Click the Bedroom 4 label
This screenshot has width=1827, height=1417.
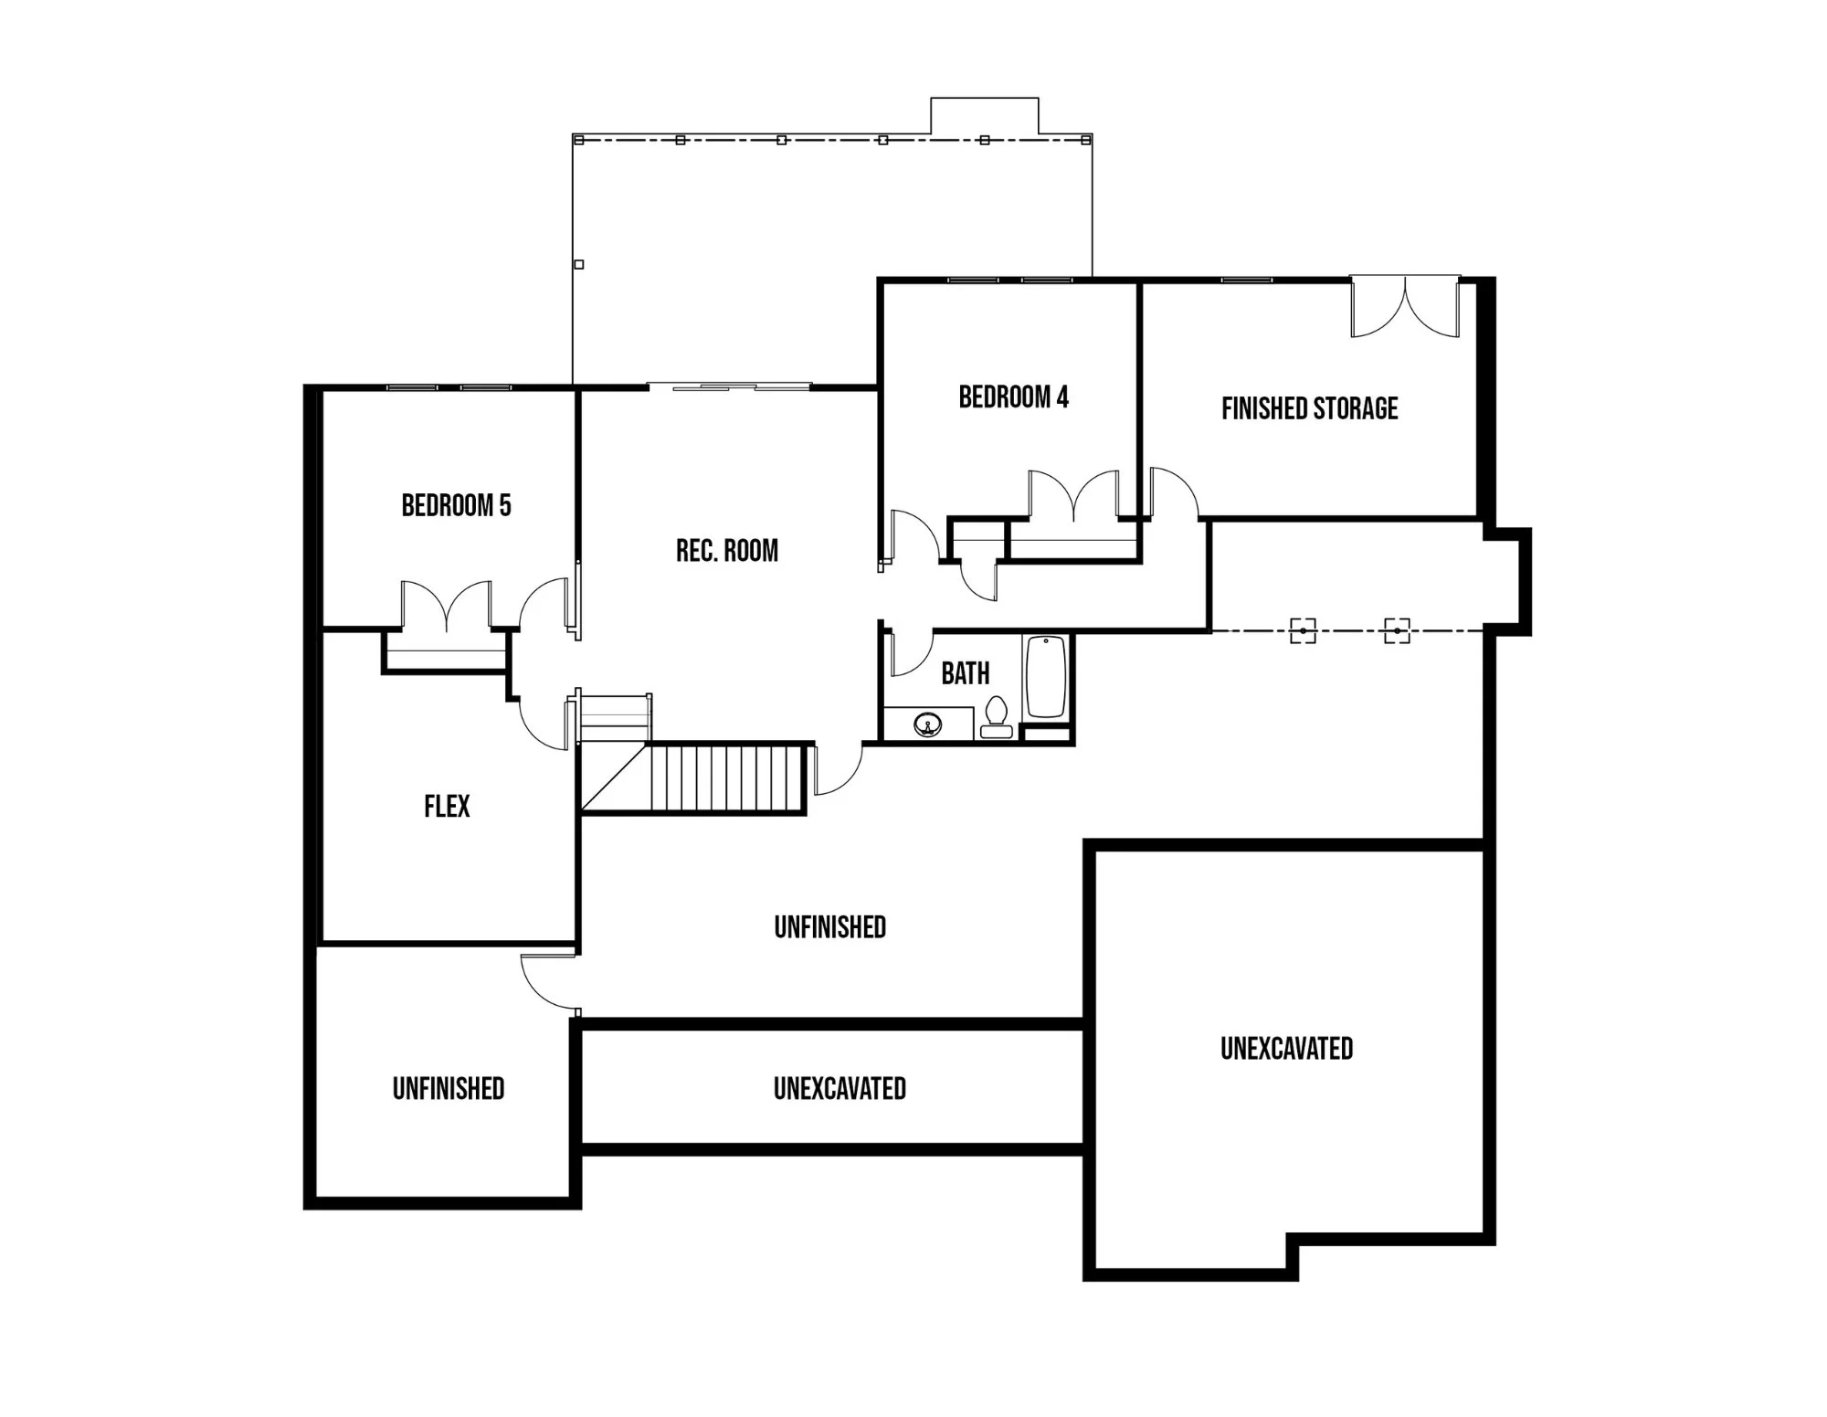[x=1013, y=397]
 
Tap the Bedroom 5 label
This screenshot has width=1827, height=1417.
[x=456, y=505]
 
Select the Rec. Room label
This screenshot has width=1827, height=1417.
[x=727, y=550]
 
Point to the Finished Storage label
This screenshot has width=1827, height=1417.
[x=1310, y=408]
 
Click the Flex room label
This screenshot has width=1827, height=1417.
[x=447, y=806]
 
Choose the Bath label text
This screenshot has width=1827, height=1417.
[x=966, y=673]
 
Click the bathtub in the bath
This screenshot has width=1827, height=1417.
[x=1046, y=677]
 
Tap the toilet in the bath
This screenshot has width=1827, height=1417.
[x=996, y=717]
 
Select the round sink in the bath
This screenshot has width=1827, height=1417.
[x=927, y=726]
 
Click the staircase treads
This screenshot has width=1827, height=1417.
[x=726, y=777]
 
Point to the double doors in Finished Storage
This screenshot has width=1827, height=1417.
[x=1405, y=306]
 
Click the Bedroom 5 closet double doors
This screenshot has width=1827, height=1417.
[x=447, y=606]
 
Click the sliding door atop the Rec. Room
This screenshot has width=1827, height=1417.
[x=729, y=387]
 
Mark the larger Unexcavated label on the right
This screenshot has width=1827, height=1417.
[x=1286, y=1049]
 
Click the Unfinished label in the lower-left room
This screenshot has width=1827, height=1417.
[x=449, y=1089]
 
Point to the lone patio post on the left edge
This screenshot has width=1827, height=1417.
[x=578, y=265]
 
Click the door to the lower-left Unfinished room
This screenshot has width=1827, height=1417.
[x=549, y=983]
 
